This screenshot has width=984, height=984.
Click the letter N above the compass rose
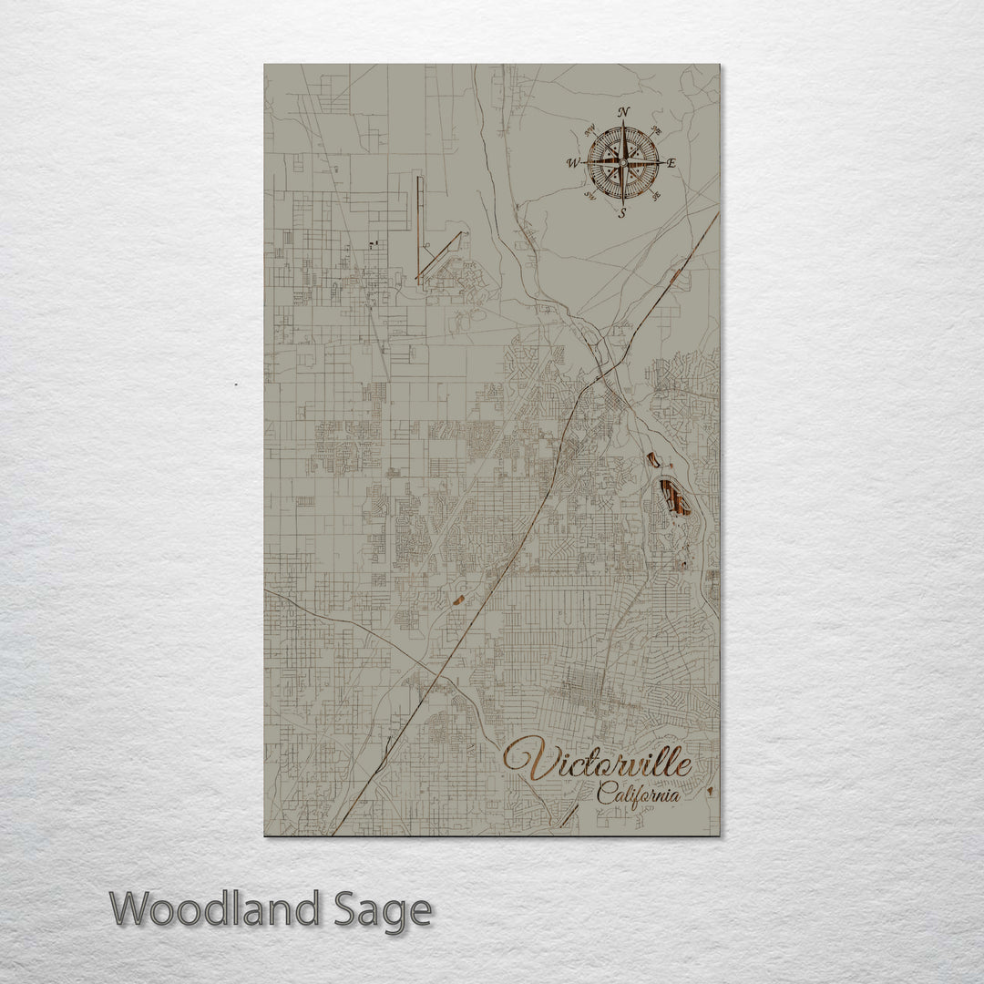624,112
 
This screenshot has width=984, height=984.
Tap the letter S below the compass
623,214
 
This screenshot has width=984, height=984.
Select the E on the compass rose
671,165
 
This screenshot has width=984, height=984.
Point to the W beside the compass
573,164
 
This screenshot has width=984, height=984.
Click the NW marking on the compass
589,128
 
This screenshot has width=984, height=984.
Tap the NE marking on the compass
659,128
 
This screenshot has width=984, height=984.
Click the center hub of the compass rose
623,163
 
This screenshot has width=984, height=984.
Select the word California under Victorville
638,794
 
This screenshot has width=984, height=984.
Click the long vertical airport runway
419,228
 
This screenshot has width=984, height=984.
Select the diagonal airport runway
441,254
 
